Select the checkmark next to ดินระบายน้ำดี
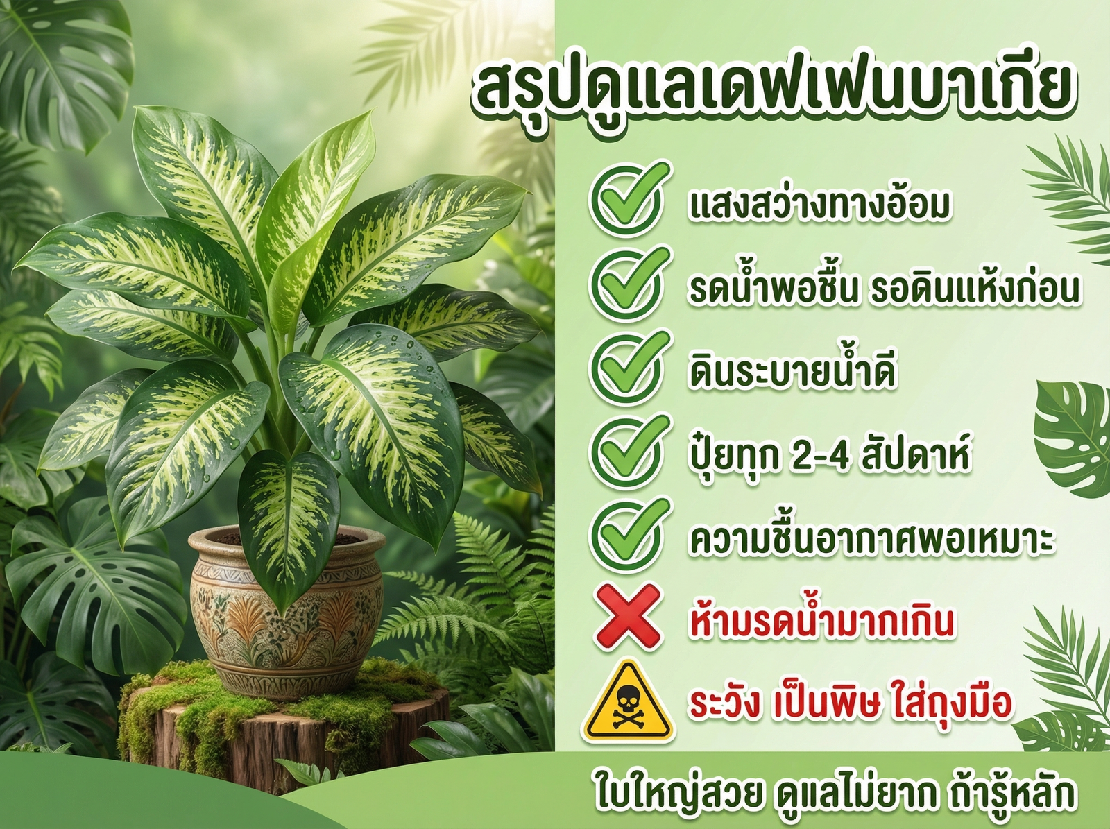pos(629,368)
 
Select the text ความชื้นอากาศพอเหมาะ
pos(871,538)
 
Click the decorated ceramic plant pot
pos(287,610)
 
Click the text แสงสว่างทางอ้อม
pos(819,205)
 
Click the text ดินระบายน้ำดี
pos(792,371)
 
